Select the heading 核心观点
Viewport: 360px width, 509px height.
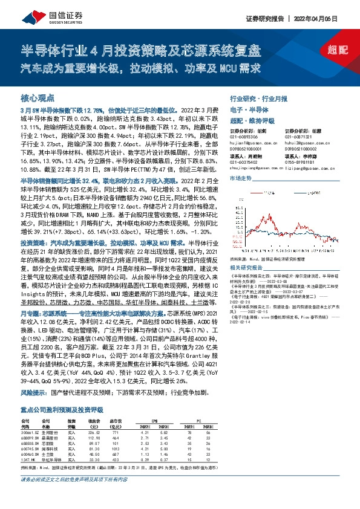(38, 97)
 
